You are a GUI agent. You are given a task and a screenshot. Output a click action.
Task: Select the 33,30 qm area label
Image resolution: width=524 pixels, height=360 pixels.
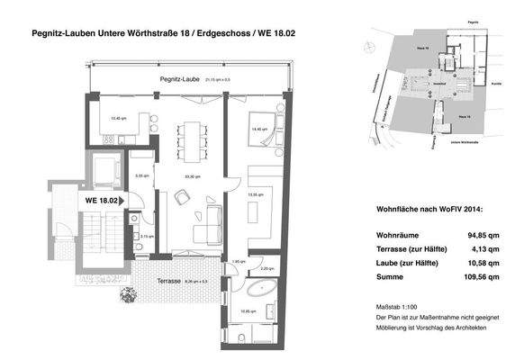pos(191,176)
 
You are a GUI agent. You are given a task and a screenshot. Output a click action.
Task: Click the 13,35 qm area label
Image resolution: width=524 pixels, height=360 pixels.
pos(255,193)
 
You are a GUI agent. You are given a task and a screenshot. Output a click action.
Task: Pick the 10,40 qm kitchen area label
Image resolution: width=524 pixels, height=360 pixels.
pos(117,118)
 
